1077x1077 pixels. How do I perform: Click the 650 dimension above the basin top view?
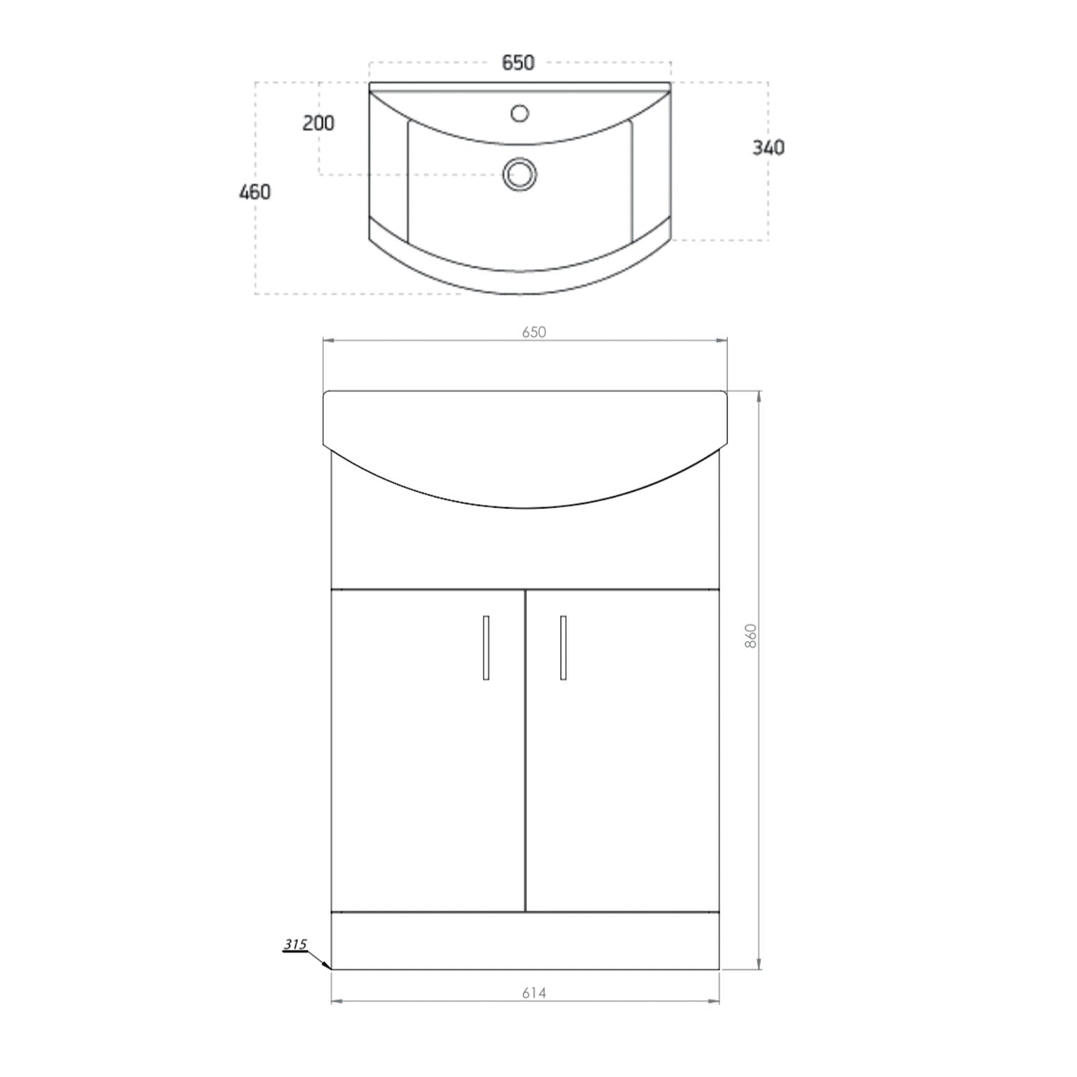tap(518, 63)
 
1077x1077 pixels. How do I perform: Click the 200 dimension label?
tap(318, 123)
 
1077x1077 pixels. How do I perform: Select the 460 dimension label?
tap(255, 192)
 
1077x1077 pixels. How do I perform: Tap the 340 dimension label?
tap(768, 148)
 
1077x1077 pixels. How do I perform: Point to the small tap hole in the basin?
tap(519, 113)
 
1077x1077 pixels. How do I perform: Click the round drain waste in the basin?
tap(519, 174)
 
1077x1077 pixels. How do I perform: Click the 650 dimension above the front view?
tap(534, 332)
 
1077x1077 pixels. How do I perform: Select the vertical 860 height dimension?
tap(751, 636)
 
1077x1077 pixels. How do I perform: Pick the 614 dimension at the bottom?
tap(534, 993)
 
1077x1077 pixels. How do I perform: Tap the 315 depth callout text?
tap(294, 944)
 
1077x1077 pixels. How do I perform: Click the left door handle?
tap(486, 647)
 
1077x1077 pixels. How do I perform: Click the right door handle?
tap(563, 647)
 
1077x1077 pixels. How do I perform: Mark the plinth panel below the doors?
tap(525, 941)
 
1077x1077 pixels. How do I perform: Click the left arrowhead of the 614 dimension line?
tap(335, 1000)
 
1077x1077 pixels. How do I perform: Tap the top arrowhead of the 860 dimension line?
tap(759, 396)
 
